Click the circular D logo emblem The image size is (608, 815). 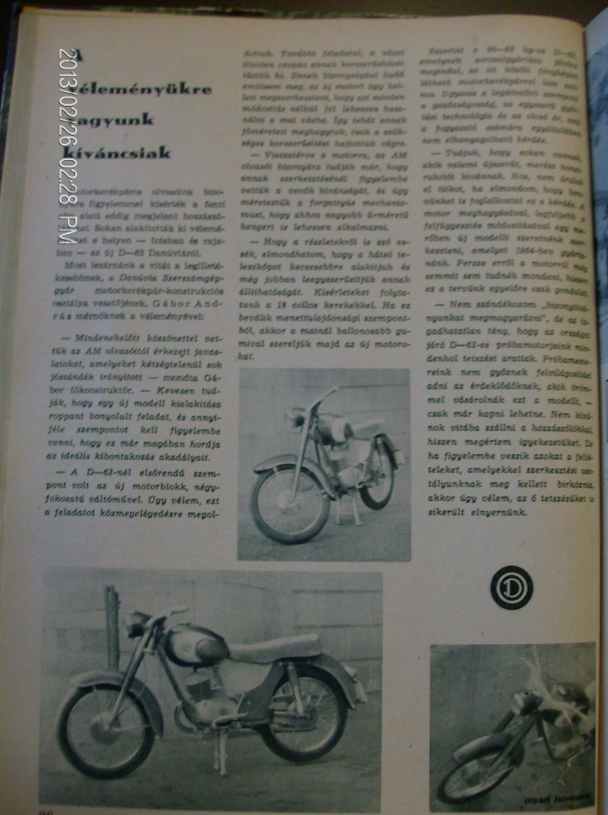point(511,587)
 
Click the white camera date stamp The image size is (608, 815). point(68,145)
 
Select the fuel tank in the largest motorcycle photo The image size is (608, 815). point(194,645)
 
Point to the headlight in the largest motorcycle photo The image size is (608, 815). point(138,624)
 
